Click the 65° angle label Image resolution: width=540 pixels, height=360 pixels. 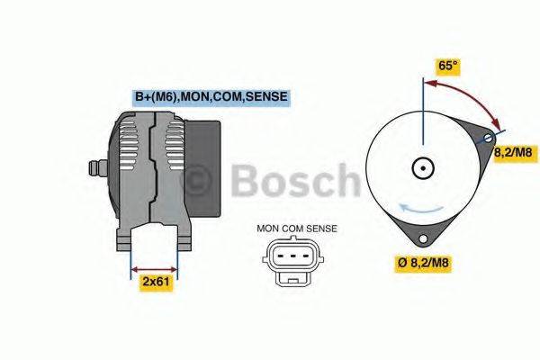(447, 66)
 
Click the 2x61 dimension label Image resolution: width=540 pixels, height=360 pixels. (156, 282)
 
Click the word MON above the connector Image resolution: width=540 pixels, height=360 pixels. (268, 229)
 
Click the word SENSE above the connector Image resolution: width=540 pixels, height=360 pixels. (320, 229)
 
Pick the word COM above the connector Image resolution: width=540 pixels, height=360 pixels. (293, 229)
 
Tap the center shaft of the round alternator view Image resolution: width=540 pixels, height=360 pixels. (421, 167)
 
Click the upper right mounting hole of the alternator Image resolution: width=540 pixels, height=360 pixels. (487, 139)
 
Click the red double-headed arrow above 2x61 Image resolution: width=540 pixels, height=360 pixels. (155, 267)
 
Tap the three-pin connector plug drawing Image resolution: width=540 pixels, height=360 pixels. (290, 258)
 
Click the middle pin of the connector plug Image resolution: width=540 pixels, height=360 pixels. (290, 256)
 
